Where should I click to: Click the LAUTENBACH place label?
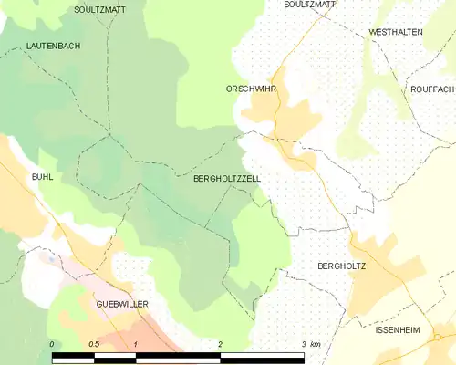click(50, 45)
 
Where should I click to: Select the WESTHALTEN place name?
click(395, 32)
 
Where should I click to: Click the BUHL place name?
click(42, 176)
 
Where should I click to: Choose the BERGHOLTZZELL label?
click(227, 180)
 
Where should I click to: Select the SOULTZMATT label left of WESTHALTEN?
click(310, 5)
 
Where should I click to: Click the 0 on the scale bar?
click(53, 344)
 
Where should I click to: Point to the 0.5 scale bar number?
click(93, 344)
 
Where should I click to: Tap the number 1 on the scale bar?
click(135, 344)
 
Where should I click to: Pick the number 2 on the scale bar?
click(220, 344)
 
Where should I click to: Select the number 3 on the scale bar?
click(303, 344)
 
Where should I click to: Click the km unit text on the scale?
click(316, 344)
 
